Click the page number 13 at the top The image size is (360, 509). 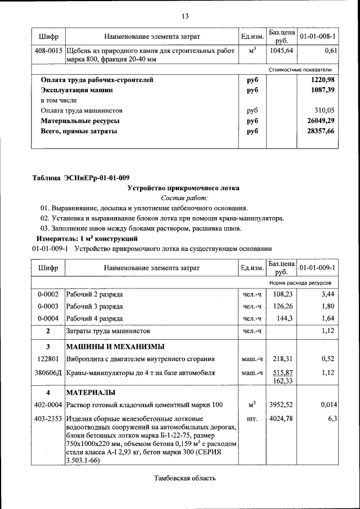184,15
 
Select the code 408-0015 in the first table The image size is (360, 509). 48,51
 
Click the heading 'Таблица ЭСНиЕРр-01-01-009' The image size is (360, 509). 81,178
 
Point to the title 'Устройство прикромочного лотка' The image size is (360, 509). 184,188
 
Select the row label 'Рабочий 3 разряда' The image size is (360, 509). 94,307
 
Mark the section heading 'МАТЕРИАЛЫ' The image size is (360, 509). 91,391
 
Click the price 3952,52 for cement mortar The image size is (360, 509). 280,405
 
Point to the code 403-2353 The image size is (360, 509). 48,419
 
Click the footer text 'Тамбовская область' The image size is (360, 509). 184,479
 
